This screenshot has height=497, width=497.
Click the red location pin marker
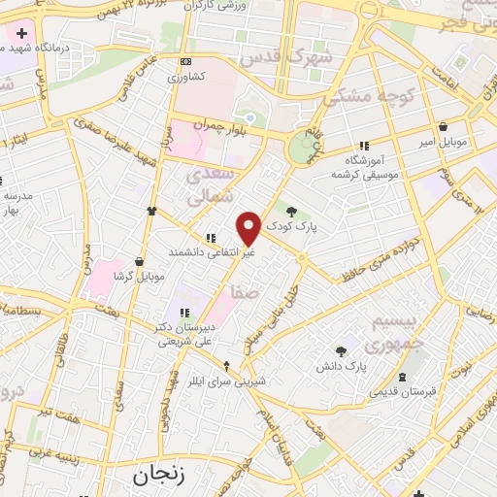(248, 229)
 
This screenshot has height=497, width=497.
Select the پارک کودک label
(323, 223)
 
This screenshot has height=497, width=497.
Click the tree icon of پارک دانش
(341, 351)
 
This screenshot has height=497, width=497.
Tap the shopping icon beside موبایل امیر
(444, 126)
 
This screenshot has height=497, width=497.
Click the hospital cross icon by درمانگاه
(21, 33)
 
